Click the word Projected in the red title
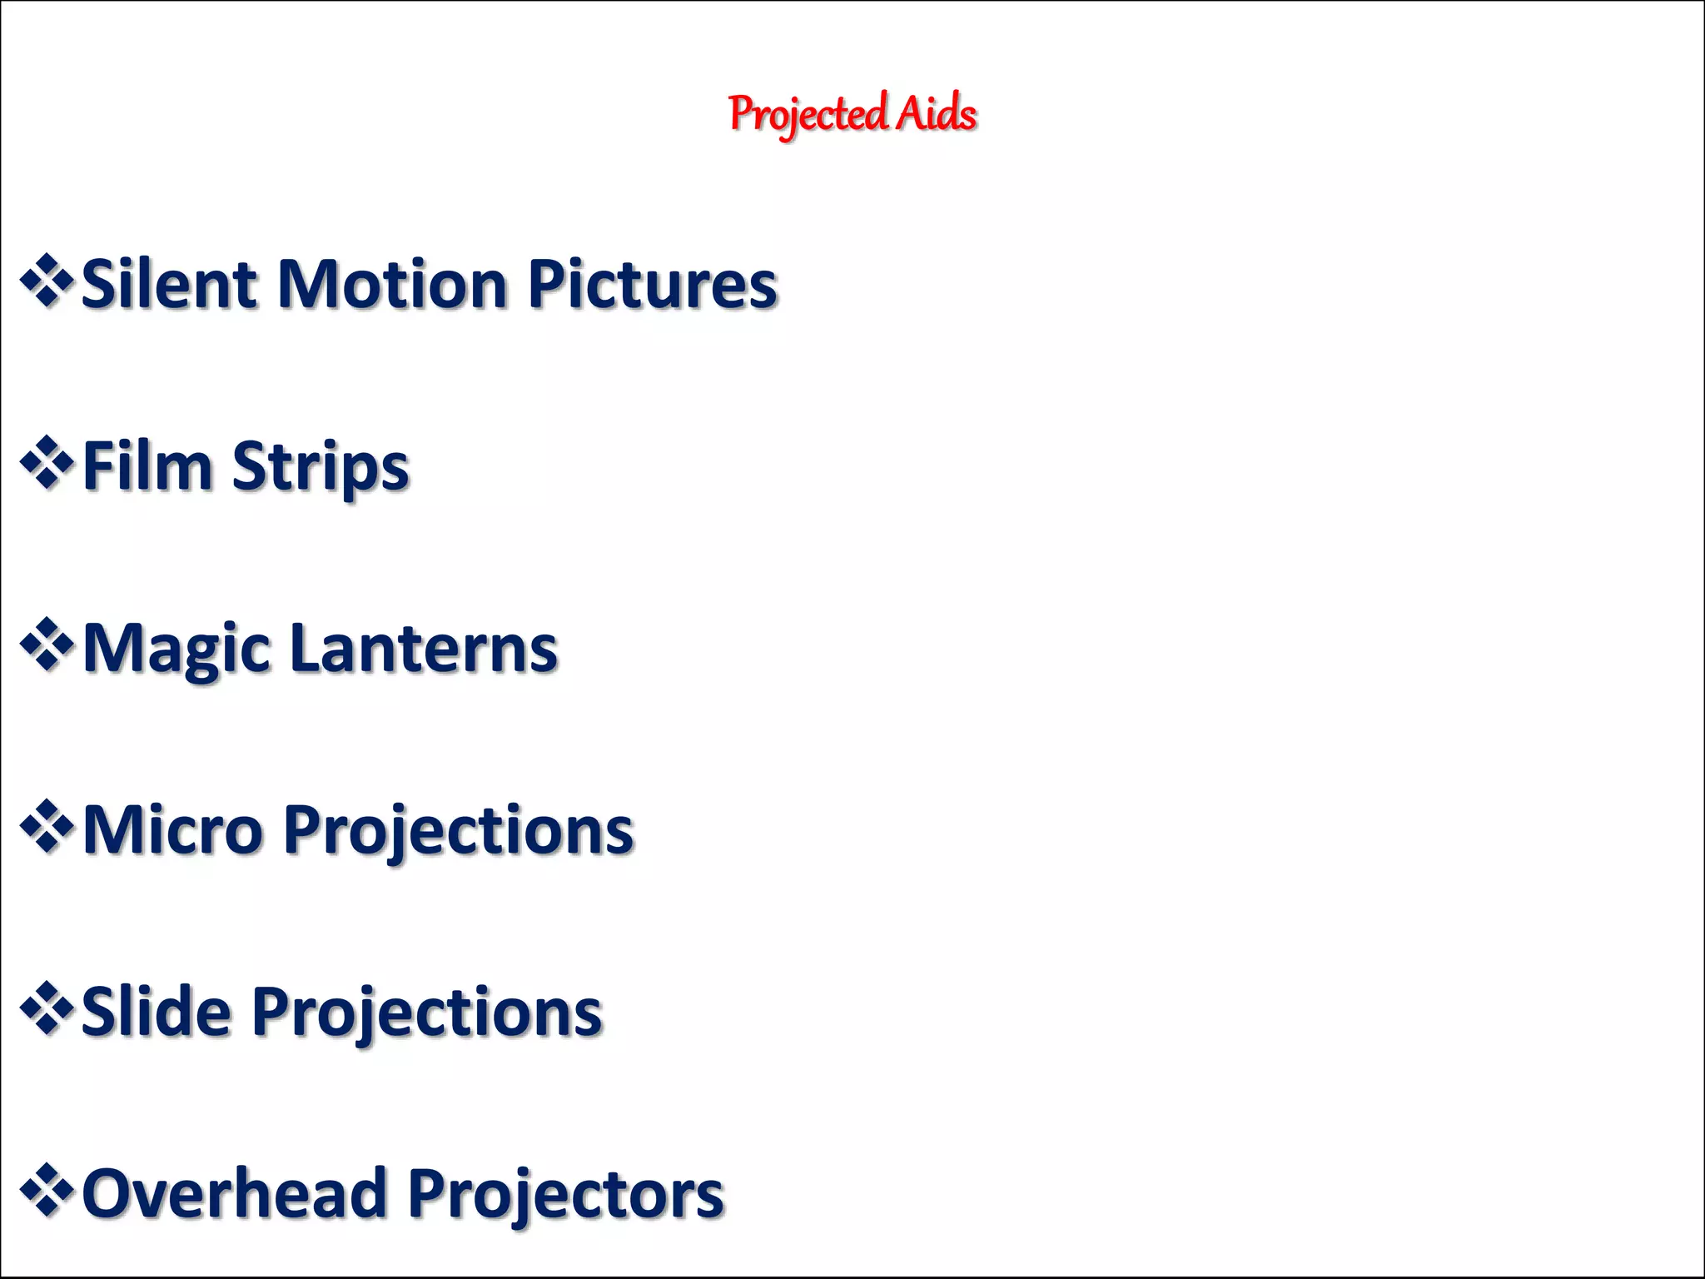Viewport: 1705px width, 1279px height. [x=807, y=114]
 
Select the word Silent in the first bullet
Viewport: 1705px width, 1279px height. [x=169, y=285]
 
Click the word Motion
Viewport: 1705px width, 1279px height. [x=391, y=285]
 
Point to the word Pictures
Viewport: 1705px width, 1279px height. [x=652, y=285]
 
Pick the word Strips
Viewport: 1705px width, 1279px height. [x=321, y=468]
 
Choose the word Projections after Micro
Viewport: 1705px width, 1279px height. [x=459, y=831]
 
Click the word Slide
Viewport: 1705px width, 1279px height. [x=156, y=1012]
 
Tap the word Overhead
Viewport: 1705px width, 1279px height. [x=234, y=1193]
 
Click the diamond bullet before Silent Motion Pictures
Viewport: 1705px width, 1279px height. [x=47, y=281]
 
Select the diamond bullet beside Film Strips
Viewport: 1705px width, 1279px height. [x=47, y=463]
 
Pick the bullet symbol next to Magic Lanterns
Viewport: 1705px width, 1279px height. [x=47, y=644]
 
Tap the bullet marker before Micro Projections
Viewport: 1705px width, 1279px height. [x=47, y=826]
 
